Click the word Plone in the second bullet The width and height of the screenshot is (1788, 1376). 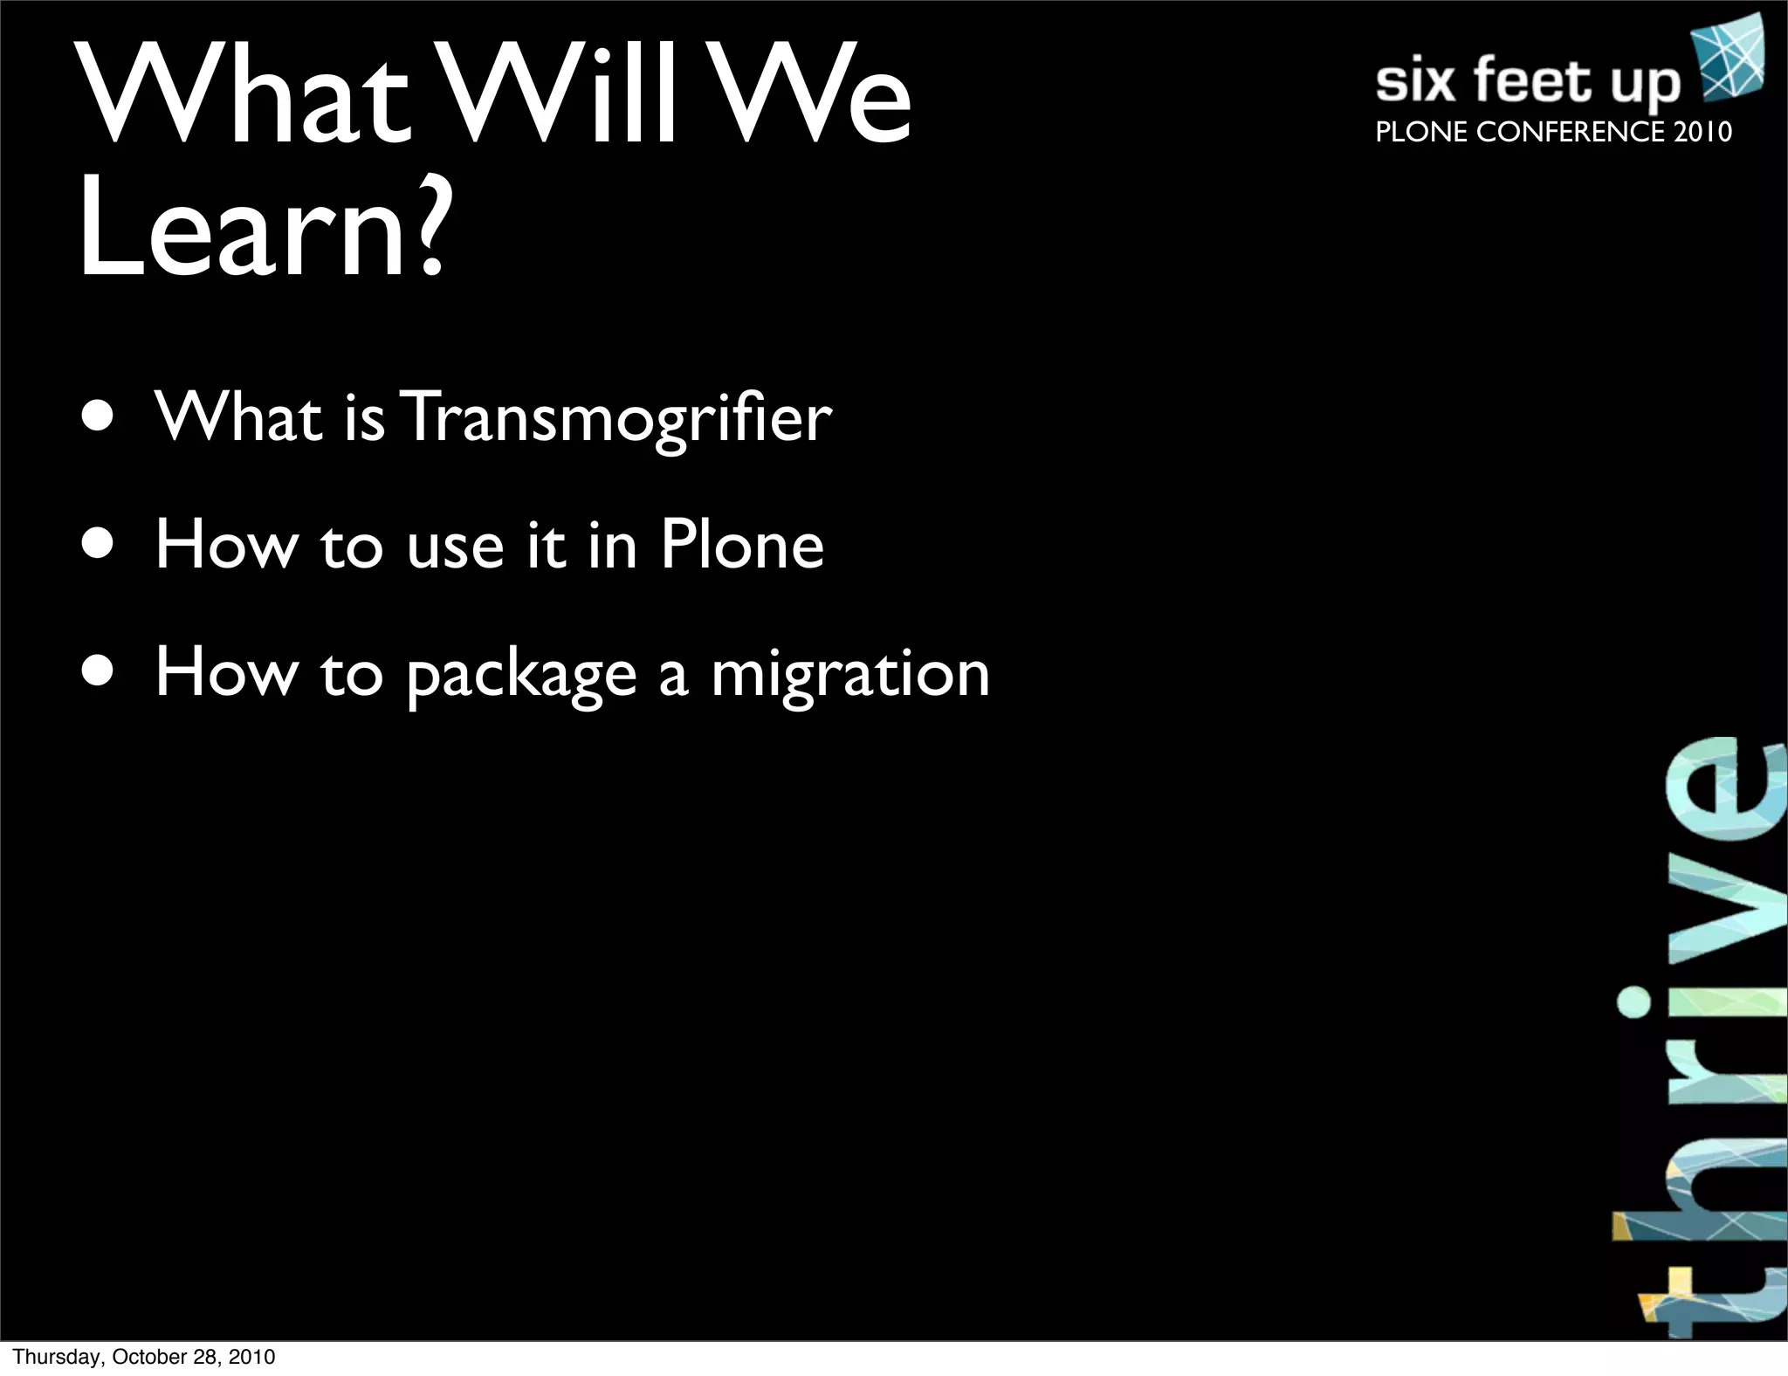click(741, 545)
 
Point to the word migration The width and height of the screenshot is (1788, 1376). click(850, 674)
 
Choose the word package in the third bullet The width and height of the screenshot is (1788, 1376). click(521, 676)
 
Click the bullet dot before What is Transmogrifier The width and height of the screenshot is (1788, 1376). click(98, 416)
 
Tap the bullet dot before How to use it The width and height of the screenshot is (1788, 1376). click(98, 544)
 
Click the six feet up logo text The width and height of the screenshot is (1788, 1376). click(1527, 83)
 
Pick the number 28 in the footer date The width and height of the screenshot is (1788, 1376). click(203, 1357)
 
